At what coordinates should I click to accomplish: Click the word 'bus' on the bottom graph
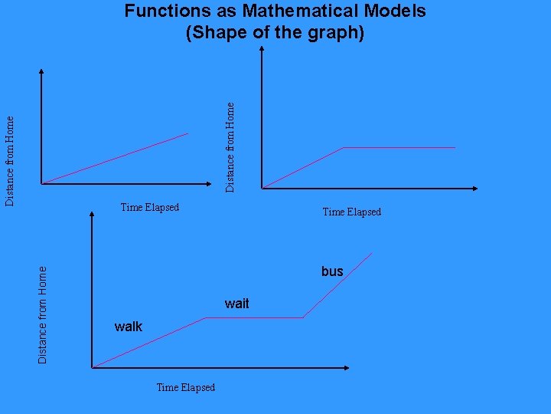pyautogui.click(x=332, y=271)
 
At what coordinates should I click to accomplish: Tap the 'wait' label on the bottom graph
pyautogui.click(x=237, y=304)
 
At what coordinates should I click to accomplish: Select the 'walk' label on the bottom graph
pyautogui.click(x=129, y=327)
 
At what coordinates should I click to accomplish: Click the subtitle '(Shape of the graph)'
pyautogui.click(x=275, y=34)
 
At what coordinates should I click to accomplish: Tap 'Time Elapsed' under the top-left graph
pyautogui.click(x=150, y=207)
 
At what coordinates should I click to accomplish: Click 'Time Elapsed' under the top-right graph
pyautogui.click(x=352, y=212)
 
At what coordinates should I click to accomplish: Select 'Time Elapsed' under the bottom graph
pyautogui.click(x=186, y=387)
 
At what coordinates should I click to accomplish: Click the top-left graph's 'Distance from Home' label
pyautogui.click(x=10, y=160)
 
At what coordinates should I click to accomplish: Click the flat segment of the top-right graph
pyautogui.click(x=398, y=147)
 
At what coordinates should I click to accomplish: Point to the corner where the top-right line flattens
pyautogui.click(x=342, y=147)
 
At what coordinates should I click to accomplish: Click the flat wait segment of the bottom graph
pyautogui.click(x=255, y=317)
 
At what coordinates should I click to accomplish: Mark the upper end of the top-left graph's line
pyautogui.click(x=187, y=134)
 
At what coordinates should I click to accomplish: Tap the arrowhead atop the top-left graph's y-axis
pyautogui.click(x=41, y=72)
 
